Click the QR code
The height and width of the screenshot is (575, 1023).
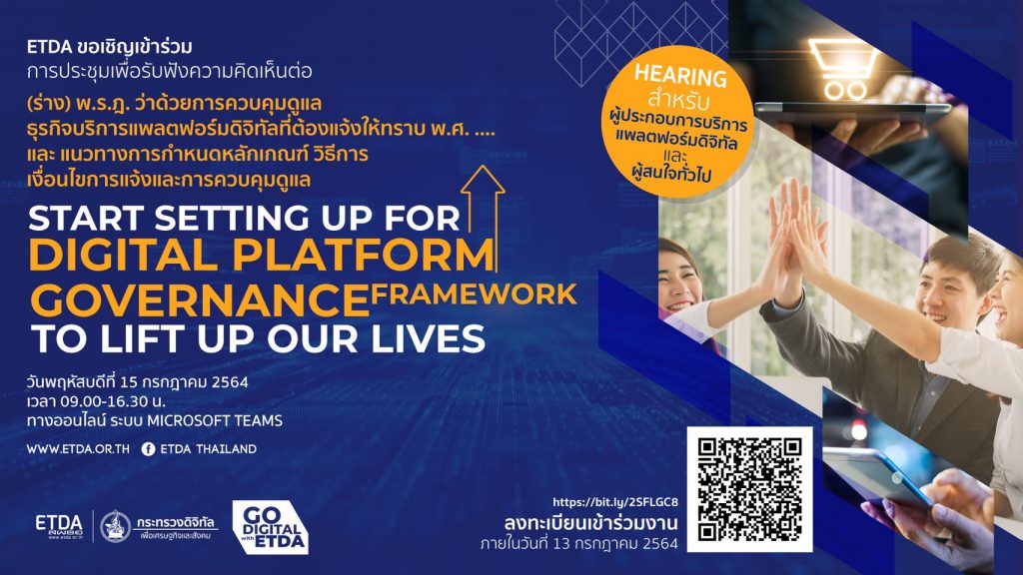pos(749,489)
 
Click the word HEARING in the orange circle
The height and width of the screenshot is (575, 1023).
pos(680,76)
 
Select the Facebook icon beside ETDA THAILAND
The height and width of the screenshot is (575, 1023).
pos(148,449)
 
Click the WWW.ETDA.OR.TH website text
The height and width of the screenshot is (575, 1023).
pos(78,449)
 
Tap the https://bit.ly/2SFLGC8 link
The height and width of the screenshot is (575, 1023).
pos(615,502)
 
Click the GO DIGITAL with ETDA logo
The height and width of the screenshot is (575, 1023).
pos(270,527)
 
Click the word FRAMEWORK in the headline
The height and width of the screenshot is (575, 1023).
pos(474,294)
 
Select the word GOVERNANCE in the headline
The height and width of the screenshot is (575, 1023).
pos(200,300)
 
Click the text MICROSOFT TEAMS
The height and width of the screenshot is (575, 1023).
pos(215,420)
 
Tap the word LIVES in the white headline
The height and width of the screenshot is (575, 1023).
pos(422,339)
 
